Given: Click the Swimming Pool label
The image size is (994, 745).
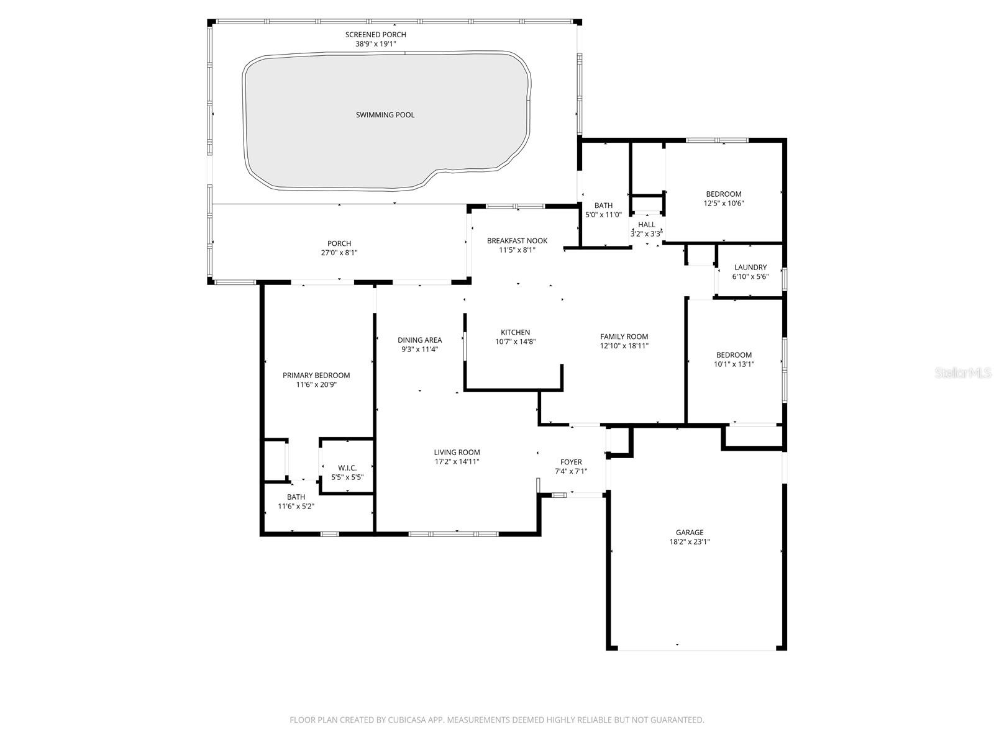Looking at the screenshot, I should click(385, 115).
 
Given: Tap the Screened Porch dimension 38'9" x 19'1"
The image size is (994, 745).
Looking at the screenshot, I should click(376, 44).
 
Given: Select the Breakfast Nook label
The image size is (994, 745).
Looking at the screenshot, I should click(517, 241).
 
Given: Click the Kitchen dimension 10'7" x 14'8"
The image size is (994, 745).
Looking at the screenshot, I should click(516, 341).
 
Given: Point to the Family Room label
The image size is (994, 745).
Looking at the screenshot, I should click(624, 336).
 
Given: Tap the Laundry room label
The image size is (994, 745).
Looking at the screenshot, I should click(750, 268).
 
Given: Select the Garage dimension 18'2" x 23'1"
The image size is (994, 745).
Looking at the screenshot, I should click(690, 542).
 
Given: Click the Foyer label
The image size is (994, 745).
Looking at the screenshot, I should click(571, 462).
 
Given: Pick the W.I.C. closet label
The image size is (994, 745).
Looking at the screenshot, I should click(347, 468).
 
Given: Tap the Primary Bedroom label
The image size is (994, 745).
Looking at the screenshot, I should click(316, 376).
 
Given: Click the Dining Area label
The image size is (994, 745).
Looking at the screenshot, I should click(420, 340).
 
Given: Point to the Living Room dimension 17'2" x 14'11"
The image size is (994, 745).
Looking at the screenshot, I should click(457, 461).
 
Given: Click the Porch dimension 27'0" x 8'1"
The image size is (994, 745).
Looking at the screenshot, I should click(339, 253).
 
